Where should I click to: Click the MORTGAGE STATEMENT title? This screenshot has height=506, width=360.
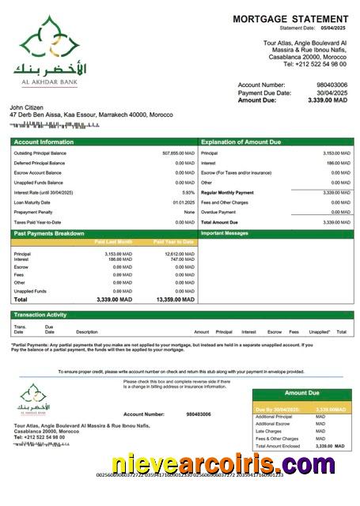290,19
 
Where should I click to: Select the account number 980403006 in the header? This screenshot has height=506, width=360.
332,85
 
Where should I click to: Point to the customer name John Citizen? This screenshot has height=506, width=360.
27,107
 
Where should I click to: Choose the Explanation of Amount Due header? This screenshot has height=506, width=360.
241,142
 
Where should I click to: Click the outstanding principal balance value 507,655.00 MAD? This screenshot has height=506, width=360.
178,153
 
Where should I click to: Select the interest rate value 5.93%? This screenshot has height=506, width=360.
188,192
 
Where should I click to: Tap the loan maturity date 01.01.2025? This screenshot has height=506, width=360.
184,202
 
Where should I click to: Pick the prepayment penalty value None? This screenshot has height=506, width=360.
189,212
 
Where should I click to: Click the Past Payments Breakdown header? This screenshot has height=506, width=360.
48,233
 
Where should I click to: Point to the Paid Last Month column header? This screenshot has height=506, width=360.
113,241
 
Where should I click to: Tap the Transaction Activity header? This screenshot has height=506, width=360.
40,315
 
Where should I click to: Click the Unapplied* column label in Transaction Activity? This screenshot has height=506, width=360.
319,332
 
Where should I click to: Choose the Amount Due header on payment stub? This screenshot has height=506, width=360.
301,393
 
